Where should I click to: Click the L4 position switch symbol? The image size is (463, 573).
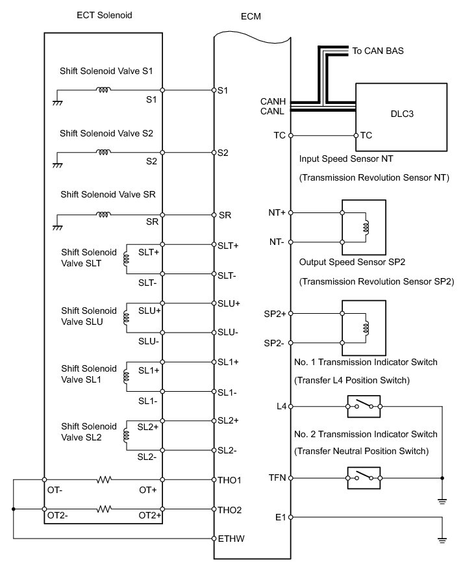point(364,407)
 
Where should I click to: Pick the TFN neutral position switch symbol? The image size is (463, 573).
point(364,478)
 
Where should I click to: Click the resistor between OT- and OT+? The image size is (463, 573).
point(104,480)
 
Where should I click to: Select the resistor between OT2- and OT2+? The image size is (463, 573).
point(104,509)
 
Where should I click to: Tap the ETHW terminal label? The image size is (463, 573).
point(231,539)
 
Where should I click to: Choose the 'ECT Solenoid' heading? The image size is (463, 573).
point(104,15)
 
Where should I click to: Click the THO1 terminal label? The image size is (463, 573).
point(231,480)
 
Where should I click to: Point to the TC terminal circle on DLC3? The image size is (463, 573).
point(356,136)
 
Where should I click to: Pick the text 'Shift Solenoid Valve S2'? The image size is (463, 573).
point(106,133)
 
